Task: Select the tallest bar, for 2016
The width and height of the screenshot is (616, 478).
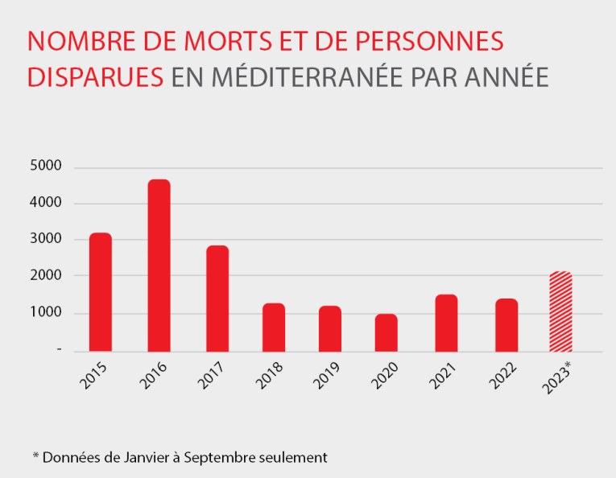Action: (159, 266)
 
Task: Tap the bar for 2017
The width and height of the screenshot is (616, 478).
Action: (217, 299)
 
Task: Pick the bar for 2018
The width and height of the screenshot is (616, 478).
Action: (274, 328)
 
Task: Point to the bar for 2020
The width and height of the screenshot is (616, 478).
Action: (387, 332)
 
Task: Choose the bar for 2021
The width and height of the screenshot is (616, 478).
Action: (446, 323)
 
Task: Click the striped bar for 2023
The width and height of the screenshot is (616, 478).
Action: (560, 311)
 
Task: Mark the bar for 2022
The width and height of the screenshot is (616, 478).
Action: (506, 325)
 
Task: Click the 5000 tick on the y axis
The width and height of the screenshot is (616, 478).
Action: (46, 167)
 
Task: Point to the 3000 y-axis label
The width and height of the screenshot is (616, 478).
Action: (46, 239)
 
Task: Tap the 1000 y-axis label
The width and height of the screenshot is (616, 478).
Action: (46, 313)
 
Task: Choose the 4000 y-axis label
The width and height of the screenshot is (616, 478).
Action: (46, 203)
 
